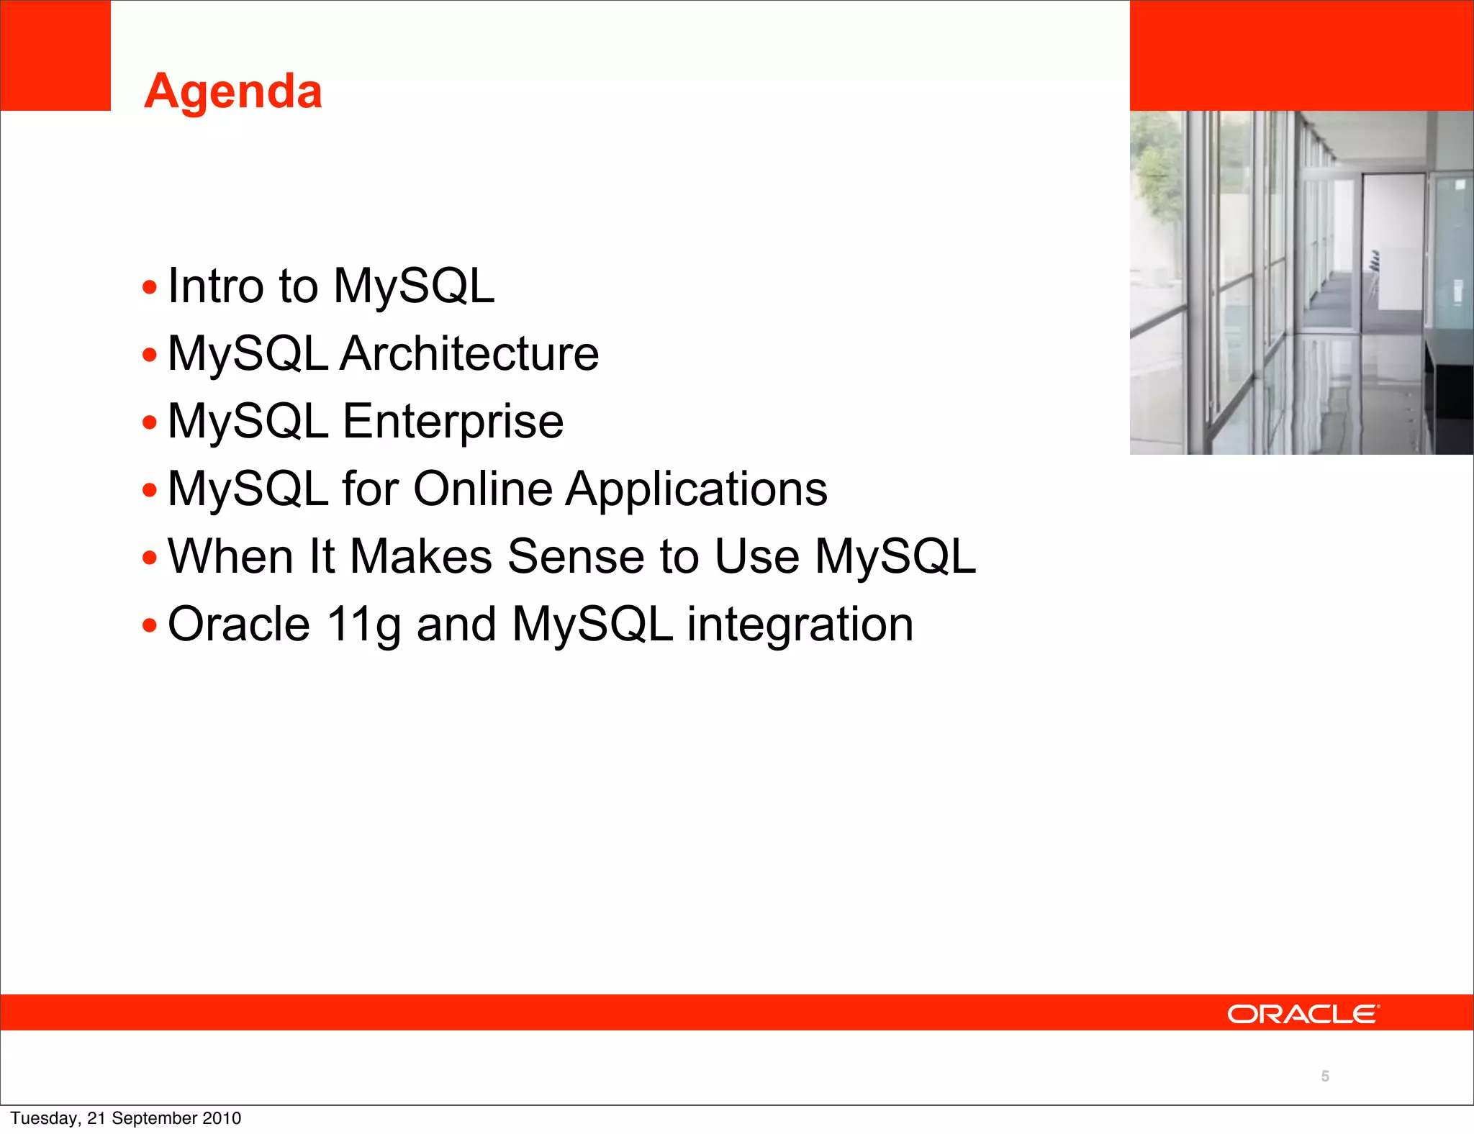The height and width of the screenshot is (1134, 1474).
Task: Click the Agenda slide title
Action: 232,91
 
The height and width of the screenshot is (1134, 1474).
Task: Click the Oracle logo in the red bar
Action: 1303,1014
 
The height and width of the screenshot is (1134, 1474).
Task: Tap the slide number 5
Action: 1325,1076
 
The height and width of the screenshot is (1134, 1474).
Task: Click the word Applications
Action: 696,489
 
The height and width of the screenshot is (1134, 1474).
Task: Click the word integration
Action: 800,624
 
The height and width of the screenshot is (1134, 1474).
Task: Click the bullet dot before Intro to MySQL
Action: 150,288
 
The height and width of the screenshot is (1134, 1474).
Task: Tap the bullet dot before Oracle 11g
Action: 150,625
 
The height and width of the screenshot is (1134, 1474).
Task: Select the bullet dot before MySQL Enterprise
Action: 150,422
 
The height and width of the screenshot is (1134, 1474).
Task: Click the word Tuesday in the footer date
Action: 44,1118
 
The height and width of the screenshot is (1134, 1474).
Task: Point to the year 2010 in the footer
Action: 222,1118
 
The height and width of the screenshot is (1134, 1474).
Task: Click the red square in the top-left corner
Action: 55,55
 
